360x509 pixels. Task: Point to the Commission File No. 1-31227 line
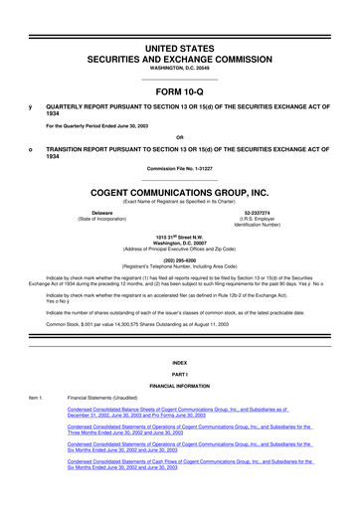pos(180,168)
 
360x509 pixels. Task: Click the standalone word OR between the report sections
pos(180,137)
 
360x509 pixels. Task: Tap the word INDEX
pos(180,363)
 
